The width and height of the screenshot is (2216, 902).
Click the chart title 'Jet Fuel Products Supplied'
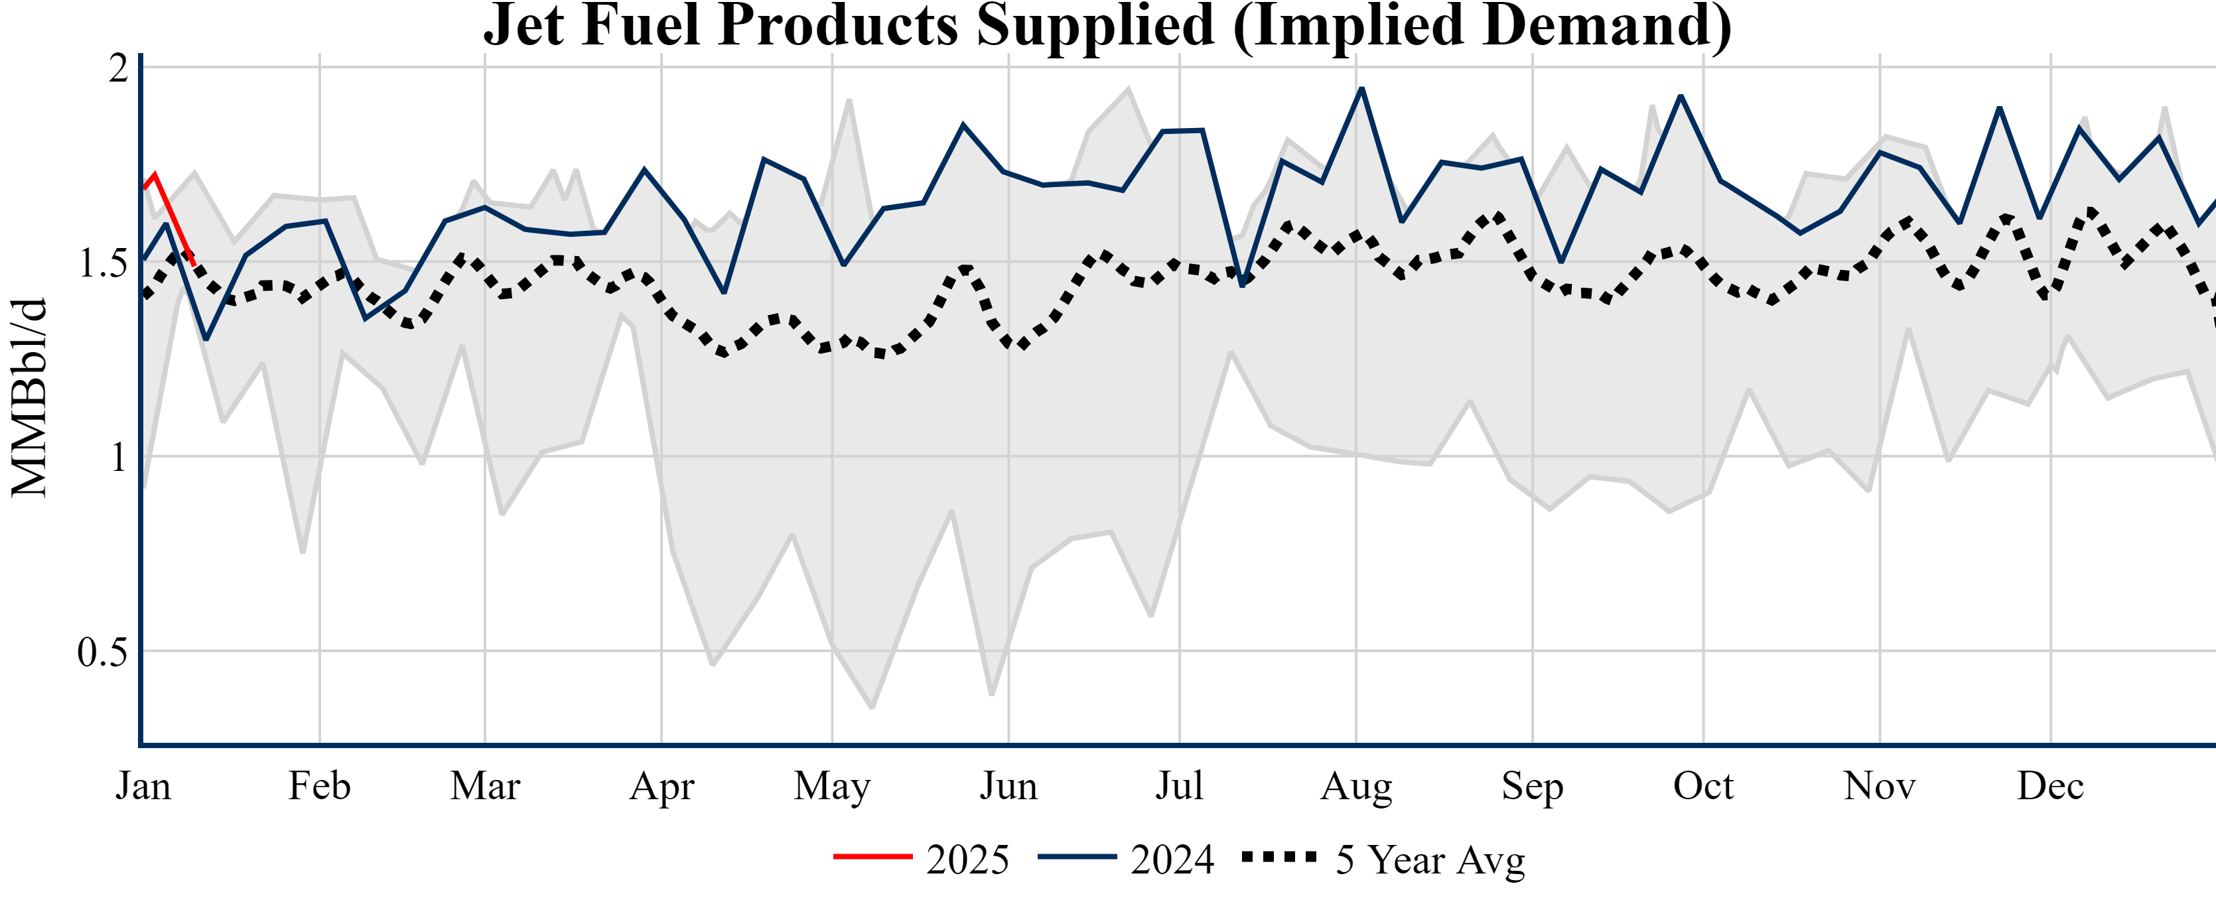coord(1107,26)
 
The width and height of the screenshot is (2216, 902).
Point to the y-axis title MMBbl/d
coord(29,397)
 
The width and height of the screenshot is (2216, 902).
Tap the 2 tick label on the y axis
coord(118,68)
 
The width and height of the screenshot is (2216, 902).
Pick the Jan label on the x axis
coord(143,786)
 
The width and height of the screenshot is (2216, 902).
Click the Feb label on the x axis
coord(319,786)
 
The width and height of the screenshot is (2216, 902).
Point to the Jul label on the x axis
coord(1178,786)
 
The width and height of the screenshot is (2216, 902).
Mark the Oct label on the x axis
coord(1703,786)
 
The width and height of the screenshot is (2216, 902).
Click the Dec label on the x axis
coord(2051,786)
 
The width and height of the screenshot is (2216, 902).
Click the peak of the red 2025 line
coord(155,174)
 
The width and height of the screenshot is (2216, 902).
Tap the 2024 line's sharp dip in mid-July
coord(1242,285)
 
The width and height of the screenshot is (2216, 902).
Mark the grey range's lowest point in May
coord(872,708)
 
